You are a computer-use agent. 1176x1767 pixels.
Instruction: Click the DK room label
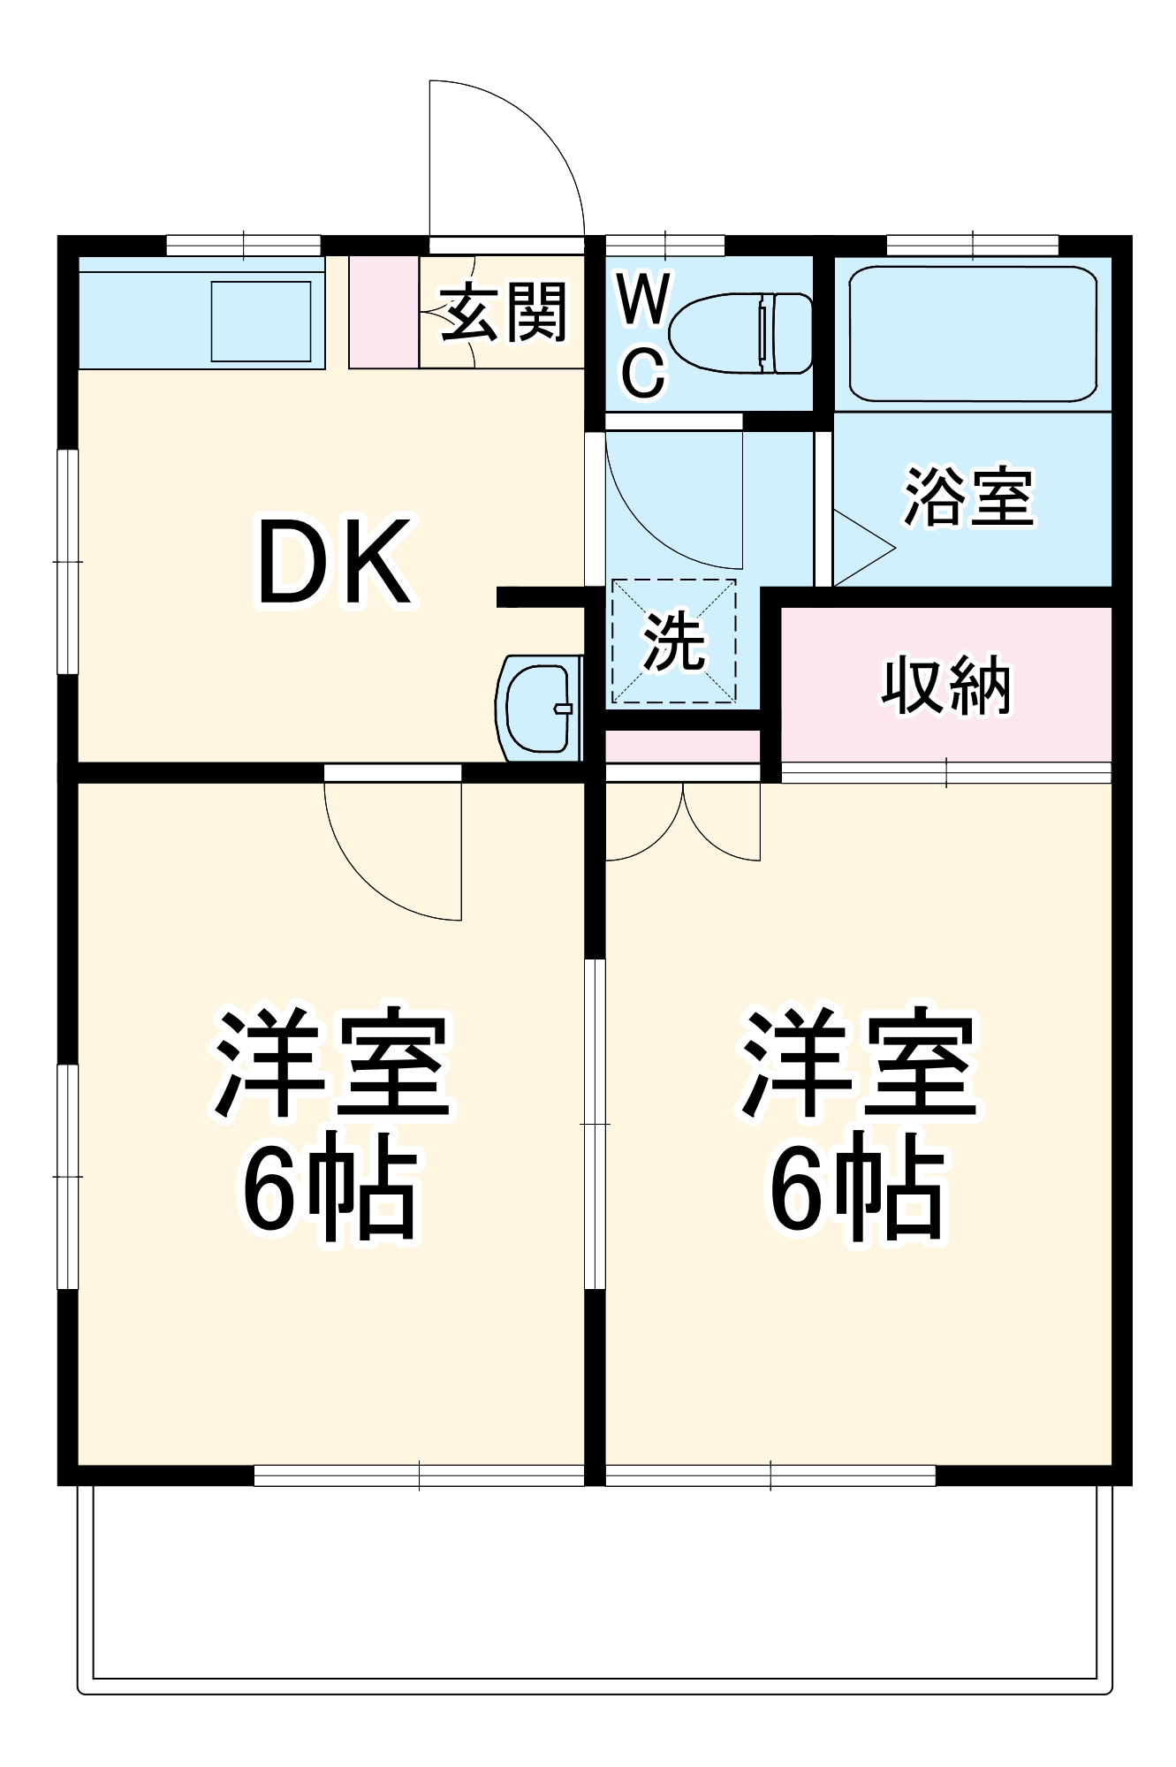click(334, 562)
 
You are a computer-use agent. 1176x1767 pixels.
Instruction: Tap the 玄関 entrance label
click(504, 312)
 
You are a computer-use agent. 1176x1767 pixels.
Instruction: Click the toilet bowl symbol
click(740, 333)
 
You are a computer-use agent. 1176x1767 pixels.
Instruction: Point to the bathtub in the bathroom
click(972, 334)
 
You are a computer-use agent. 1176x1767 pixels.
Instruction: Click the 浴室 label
click(968, 497)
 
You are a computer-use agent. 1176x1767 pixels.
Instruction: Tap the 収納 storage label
click(945, 685)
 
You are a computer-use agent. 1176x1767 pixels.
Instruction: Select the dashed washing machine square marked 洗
click(673, 641)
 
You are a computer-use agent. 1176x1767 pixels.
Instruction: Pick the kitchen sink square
click(261, 321)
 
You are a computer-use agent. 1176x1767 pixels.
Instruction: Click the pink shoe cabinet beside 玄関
click(383, 312)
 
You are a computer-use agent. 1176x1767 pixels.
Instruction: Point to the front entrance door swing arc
click(521, 150)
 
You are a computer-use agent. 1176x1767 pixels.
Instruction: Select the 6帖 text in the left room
click(329, 1186)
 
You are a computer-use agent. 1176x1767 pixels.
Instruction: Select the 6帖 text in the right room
click(857, 1186)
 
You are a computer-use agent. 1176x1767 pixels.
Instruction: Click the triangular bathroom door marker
click(861, 548)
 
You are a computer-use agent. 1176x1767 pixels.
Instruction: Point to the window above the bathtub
click(972, 245)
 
